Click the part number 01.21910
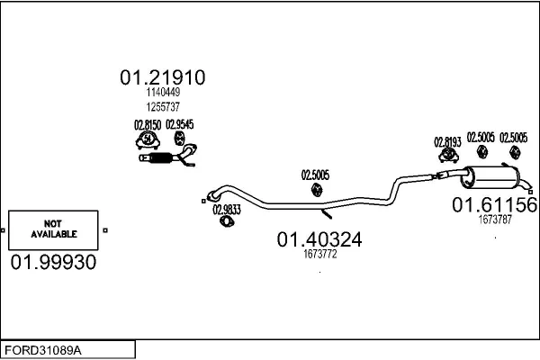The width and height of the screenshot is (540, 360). tap(162, 78)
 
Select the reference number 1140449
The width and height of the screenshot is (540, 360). tap(162, 93)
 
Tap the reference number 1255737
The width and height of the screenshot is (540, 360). tap(162, 106)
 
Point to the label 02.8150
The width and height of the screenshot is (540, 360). tap(148, 124)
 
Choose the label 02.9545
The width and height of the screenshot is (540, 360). tap(183, 124)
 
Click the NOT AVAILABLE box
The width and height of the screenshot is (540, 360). tap(53, 229)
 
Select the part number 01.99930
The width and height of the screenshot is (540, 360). tap(52, 262)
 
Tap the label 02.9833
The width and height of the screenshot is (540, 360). tap(226, 210)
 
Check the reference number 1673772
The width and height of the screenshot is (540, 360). tap(319, 255)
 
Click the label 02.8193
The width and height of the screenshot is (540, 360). tap(447, 141)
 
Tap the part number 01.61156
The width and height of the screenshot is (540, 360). tap(494, 205)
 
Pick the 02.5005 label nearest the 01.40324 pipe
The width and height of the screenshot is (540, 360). tap(315, 175)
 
